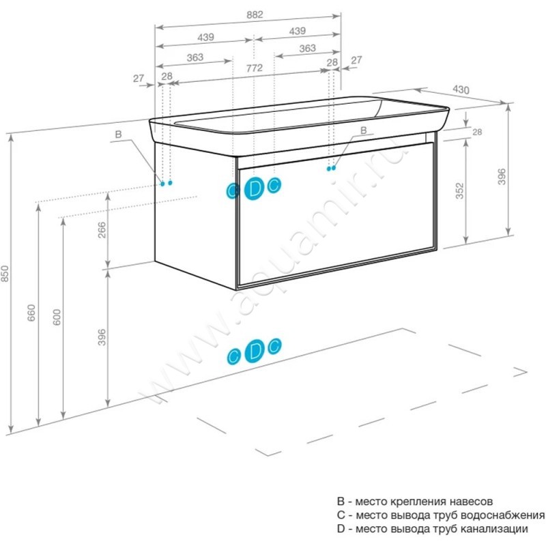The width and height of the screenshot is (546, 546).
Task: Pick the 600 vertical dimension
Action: [57, 317]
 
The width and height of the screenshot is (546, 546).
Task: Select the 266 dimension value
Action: [102, 233]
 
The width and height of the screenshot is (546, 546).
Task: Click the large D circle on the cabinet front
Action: [254, 188]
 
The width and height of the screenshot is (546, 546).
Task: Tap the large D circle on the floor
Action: [254, 351]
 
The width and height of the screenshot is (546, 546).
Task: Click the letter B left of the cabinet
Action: [118, 135]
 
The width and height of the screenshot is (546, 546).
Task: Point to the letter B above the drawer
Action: [363, 130]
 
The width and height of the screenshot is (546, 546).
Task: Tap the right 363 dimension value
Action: [307, 48]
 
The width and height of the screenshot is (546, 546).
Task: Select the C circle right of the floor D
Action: [274, 347]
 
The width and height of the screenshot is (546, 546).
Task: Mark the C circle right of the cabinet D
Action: [274, 184]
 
